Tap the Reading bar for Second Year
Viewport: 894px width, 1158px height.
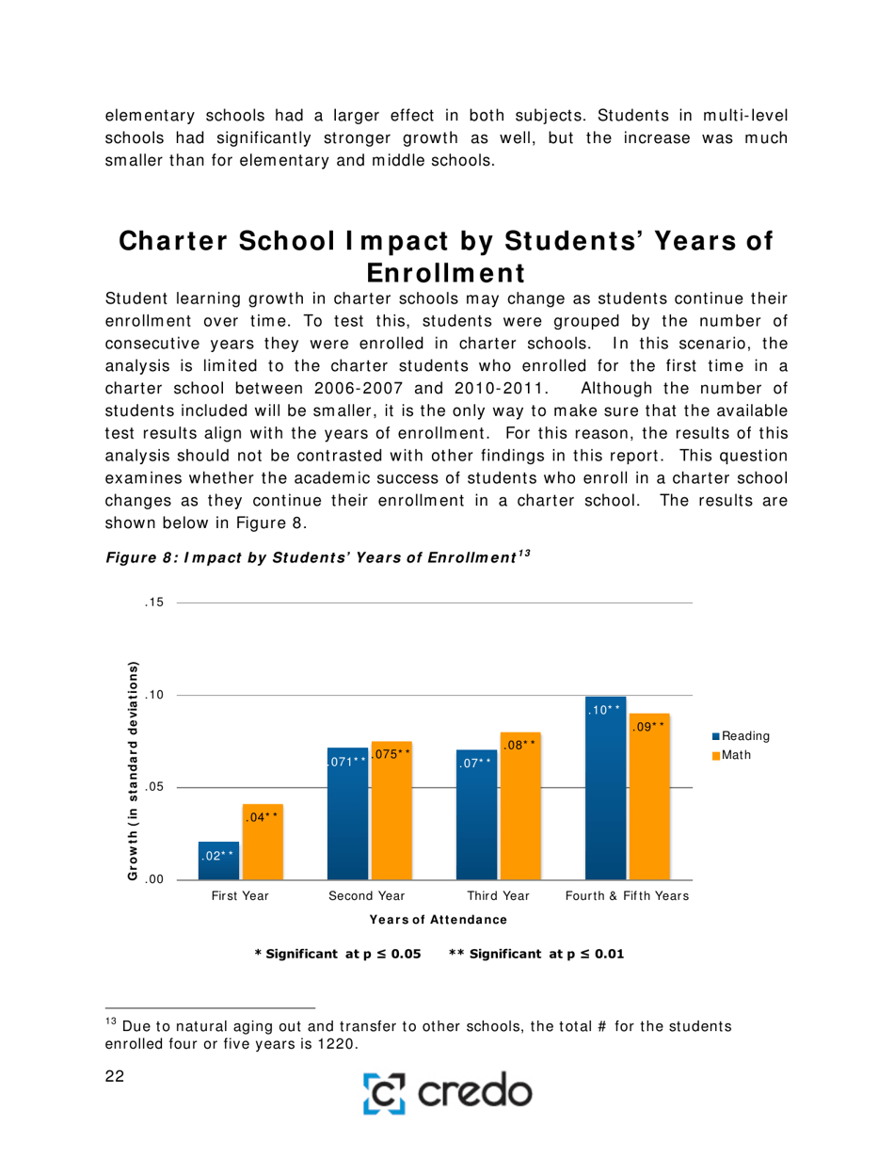[x=347, y=812]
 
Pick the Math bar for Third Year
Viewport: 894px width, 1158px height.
[x=520, y=805]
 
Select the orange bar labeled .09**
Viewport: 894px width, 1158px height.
[x=648, y=796]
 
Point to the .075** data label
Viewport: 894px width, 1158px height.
[x=390, y=754]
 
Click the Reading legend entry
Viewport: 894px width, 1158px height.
[x=742, y=735]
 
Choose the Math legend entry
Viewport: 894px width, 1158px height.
[x=735, y=755]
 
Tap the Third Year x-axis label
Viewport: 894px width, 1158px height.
[x=498, y=896]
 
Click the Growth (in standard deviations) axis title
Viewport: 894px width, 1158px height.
[x=134, y=771]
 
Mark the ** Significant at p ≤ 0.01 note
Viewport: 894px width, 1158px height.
[x=535, y=953]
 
